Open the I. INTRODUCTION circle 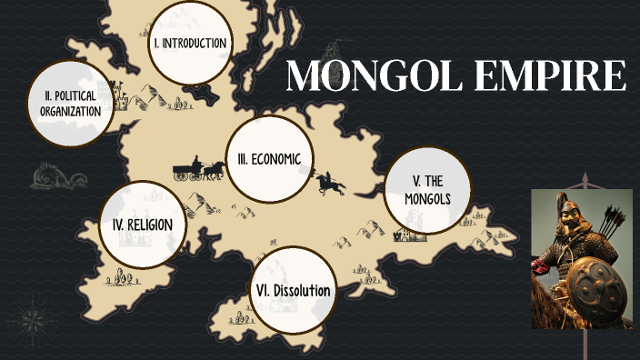189,44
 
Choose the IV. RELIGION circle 143,224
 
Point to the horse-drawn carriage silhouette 199,169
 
